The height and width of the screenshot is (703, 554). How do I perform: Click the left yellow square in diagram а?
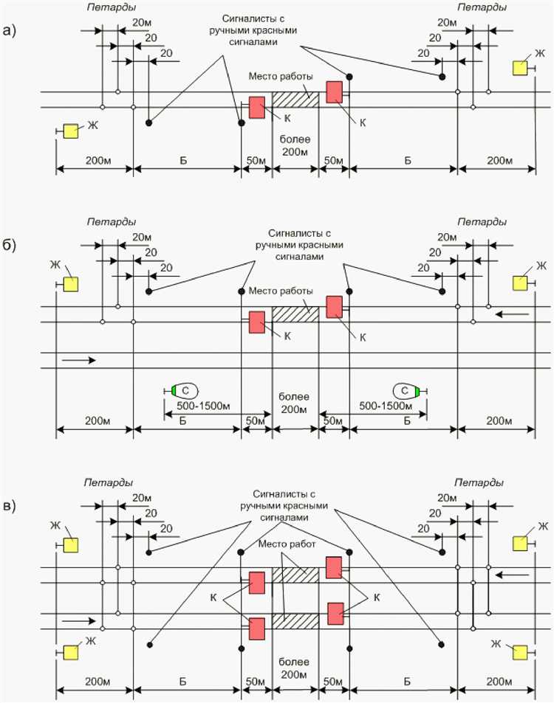click(x=71, y=131)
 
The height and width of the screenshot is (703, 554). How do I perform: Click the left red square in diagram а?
click(x=256, y=108)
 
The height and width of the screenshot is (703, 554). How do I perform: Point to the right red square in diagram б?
click(x=335, y=307)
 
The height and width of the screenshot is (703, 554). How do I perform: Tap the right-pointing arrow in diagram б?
click(x=78, y=361)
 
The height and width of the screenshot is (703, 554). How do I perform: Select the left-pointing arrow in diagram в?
click(x=513, y=574)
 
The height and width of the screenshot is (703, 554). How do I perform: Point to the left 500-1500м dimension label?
click(x=199, y=407)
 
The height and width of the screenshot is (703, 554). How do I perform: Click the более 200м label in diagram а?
click(x=295, y=145)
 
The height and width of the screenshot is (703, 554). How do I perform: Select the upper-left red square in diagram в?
click(x=258, y=582)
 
